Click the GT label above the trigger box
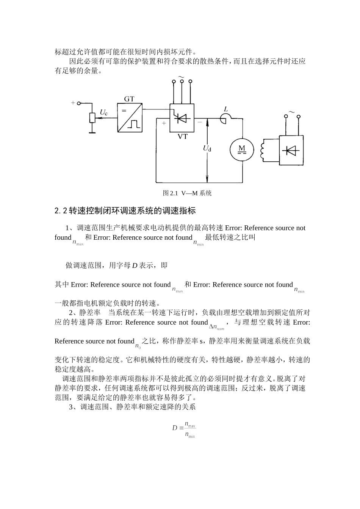click(x=129, y=99)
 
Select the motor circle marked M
click(x=241, y=149)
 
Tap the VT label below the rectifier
click(x=182, y=137)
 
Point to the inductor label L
click(x=226, y=109)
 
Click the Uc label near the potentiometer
click(x=103, y=112)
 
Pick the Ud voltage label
click(x=207, y=148)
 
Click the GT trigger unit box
click(x=130, y=118)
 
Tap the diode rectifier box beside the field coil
click(x=291, y=151)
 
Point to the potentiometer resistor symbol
click(x=92, y=118)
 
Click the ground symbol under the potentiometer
click(x=92, y=132)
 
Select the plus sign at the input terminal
click(x=73, y=103)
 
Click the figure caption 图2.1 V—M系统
click(x=187, y=193)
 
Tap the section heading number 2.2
click(x=61, y=211)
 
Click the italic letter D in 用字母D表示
click(x=134, y=265)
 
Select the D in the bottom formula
click(x=175, y=428)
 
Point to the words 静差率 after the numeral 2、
click(x=90, y=313)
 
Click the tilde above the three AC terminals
click(x=181, y=77)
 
